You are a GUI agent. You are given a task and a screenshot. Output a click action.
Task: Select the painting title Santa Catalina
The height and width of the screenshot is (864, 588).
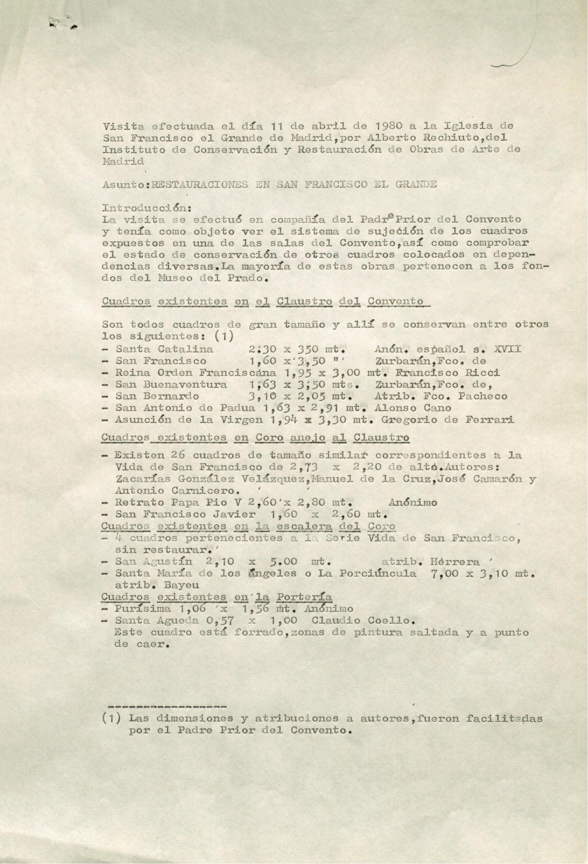click(164, 349)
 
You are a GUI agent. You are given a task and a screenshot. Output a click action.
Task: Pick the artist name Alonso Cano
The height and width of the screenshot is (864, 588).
click(413, 408)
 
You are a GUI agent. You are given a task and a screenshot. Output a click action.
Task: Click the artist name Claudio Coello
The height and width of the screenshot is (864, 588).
click(363, 620)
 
